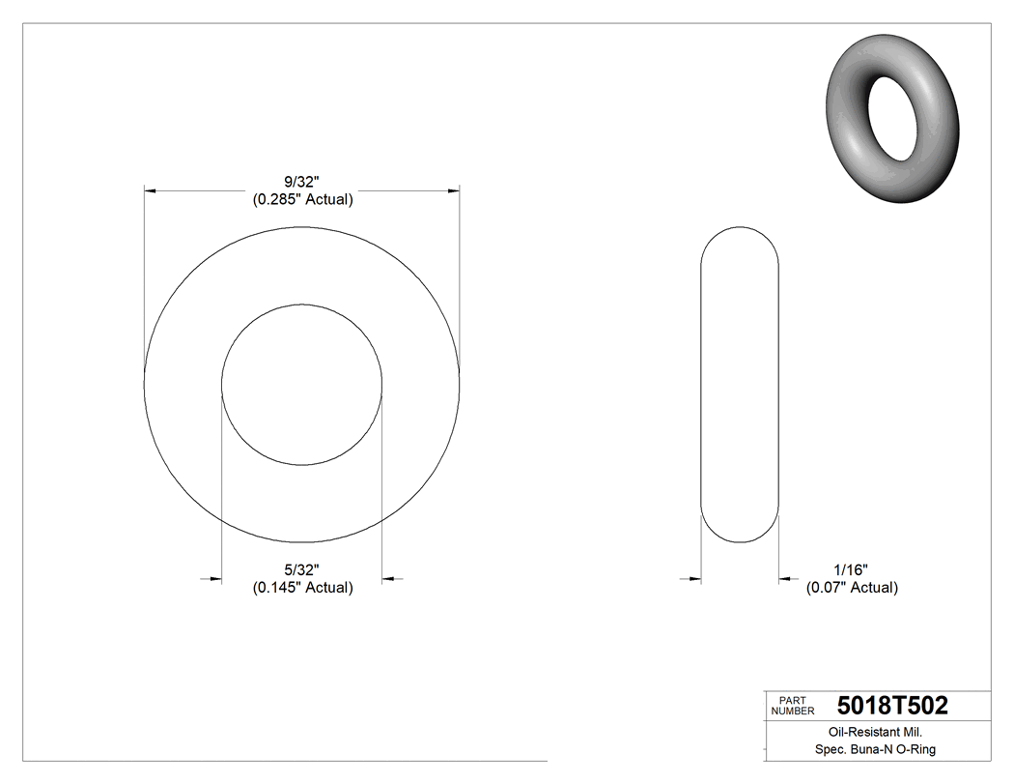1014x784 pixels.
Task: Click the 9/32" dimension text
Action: [302, 182]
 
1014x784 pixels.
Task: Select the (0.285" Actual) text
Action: [302, 200]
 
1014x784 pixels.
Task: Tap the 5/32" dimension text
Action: [302, 569]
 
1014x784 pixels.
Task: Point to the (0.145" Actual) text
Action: [302, 588]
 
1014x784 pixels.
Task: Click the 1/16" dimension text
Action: [852, 569]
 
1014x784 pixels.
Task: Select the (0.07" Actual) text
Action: [852, 588]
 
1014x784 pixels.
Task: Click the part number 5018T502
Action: [892, 706]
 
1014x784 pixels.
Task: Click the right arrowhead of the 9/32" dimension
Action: [453, 191]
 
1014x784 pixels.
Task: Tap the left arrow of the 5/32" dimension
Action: [214, 579]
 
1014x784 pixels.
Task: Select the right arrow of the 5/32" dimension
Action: [389, 579]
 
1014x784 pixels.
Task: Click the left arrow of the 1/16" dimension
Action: [692, 579]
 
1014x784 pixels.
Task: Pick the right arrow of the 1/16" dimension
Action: [786, 579]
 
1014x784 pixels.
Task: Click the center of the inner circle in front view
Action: [302, 385]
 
